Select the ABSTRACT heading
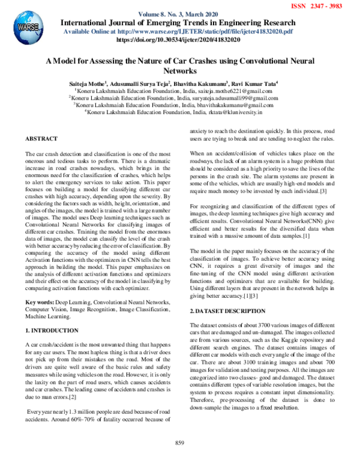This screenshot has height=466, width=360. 41,139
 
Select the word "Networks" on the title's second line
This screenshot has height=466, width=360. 179,70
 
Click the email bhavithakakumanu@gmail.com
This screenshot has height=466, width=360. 239,104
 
